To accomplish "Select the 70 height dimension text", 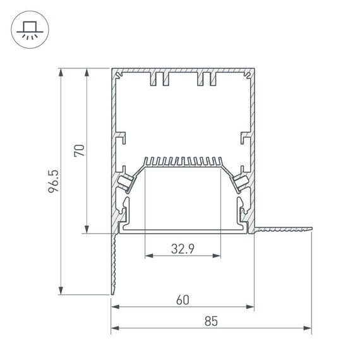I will point(79,150).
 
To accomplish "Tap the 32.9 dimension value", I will point(183,249).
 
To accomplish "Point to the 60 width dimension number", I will point(183,301).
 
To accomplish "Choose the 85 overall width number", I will point(211,321).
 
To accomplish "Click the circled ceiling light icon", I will point(28,30).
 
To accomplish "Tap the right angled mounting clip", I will point(241,181).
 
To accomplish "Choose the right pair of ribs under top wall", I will point(207,80).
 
